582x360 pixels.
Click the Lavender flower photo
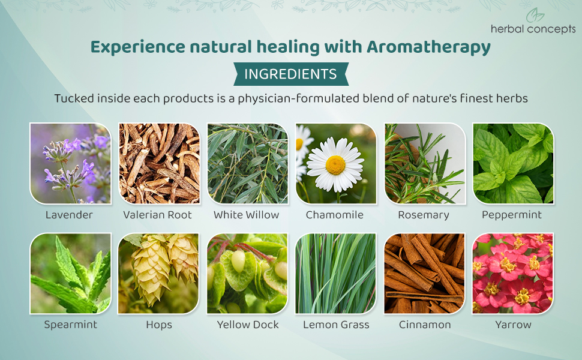(x=71, y=163)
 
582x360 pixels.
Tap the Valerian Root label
(x=157, y=215)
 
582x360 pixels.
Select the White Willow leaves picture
(x=248, y=163)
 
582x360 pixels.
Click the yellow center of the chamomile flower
(x=335, y=165)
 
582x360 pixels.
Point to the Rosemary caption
(x=424, y=215)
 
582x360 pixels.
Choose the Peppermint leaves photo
(x=513, y=163)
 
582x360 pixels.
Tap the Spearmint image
(x=71, y=274)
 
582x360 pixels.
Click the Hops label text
(x=159, y=325)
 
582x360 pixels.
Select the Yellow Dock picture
(x=248, y=274)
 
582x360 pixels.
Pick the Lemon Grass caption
(x=336, y=325)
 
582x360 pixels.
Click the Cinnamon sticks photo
(x=425, y=274)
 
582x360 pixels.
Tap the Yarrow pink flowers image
(x=513, y=274)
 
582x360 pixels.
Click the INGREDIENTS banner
(x=291, y=74)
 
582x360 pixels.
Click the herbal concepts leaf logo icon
(x=535, y=15)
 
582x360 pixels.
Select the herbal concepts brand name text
(x=533, y=29)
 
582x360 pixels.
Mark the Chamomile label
(x=335, y=215)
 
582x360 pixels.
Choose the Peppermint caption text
(x=512, y=215)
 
